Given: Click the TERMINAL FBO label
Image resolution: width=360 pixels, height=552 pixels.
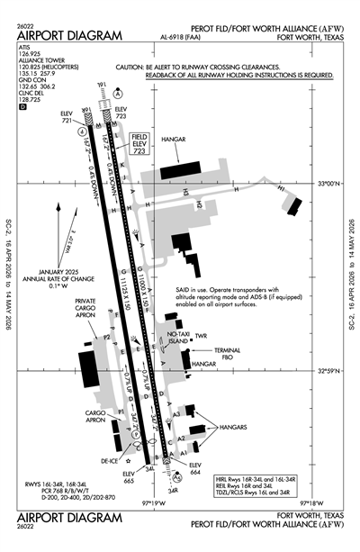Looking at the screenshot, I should (x=226, y=352).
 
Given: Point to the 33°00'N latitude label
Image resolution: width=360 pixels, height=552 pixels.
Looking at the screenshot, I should (x=326, y=184).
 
